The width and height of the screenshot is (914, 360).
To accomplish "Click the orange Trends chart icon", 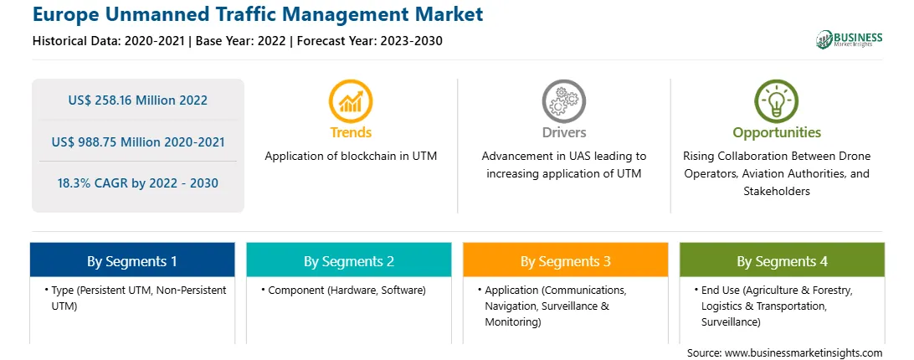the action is [351, 101].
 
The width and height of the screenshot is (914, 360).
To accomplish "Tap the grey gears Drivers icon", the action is [563, 101].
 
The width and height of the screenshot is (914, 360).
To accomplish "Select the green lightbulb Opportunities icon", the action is [777, 101].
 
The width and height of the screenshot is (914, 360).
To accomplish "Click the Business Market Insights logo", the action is [850, 39].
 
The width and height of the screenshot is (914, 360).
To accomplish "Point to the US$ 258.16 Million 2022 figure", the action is [137, 100].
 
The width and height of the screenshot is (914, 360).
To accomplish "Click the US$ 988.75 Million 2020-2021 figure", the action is [137, 141].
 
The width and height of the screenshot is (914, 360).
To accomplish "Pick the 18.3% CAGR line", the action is [137, 183].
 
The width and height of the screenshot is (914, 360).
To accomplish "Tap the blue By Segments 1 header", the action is [132, 260].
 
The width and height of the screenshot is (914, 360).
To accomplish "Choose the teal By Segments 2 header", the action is [348, 260].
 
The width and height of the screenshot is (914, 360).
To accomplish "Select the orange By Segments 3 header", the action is [566, 260].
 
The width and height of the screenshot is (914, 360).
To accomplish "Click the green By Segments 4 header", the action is [782, 260].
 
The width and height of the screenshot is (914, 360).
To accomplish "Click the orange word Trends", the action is [351, 132].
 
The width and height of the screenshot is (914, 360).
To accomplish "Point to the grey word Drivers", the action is [563, 132].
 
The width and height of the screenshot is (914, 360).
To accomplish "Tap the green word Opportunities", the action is [777, 132].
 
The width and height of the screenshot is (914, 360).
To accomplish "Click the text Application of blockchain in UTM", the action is [351, 157].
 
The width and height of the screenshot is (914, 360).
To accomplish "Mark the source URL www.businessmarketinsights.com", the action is [804, 353].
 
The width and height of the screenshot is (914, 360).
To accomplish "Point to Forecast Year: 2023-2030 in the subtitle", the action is [367, 41].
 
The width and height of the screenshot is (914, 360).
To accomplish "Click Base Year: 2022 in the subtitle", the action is [241, 41].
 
